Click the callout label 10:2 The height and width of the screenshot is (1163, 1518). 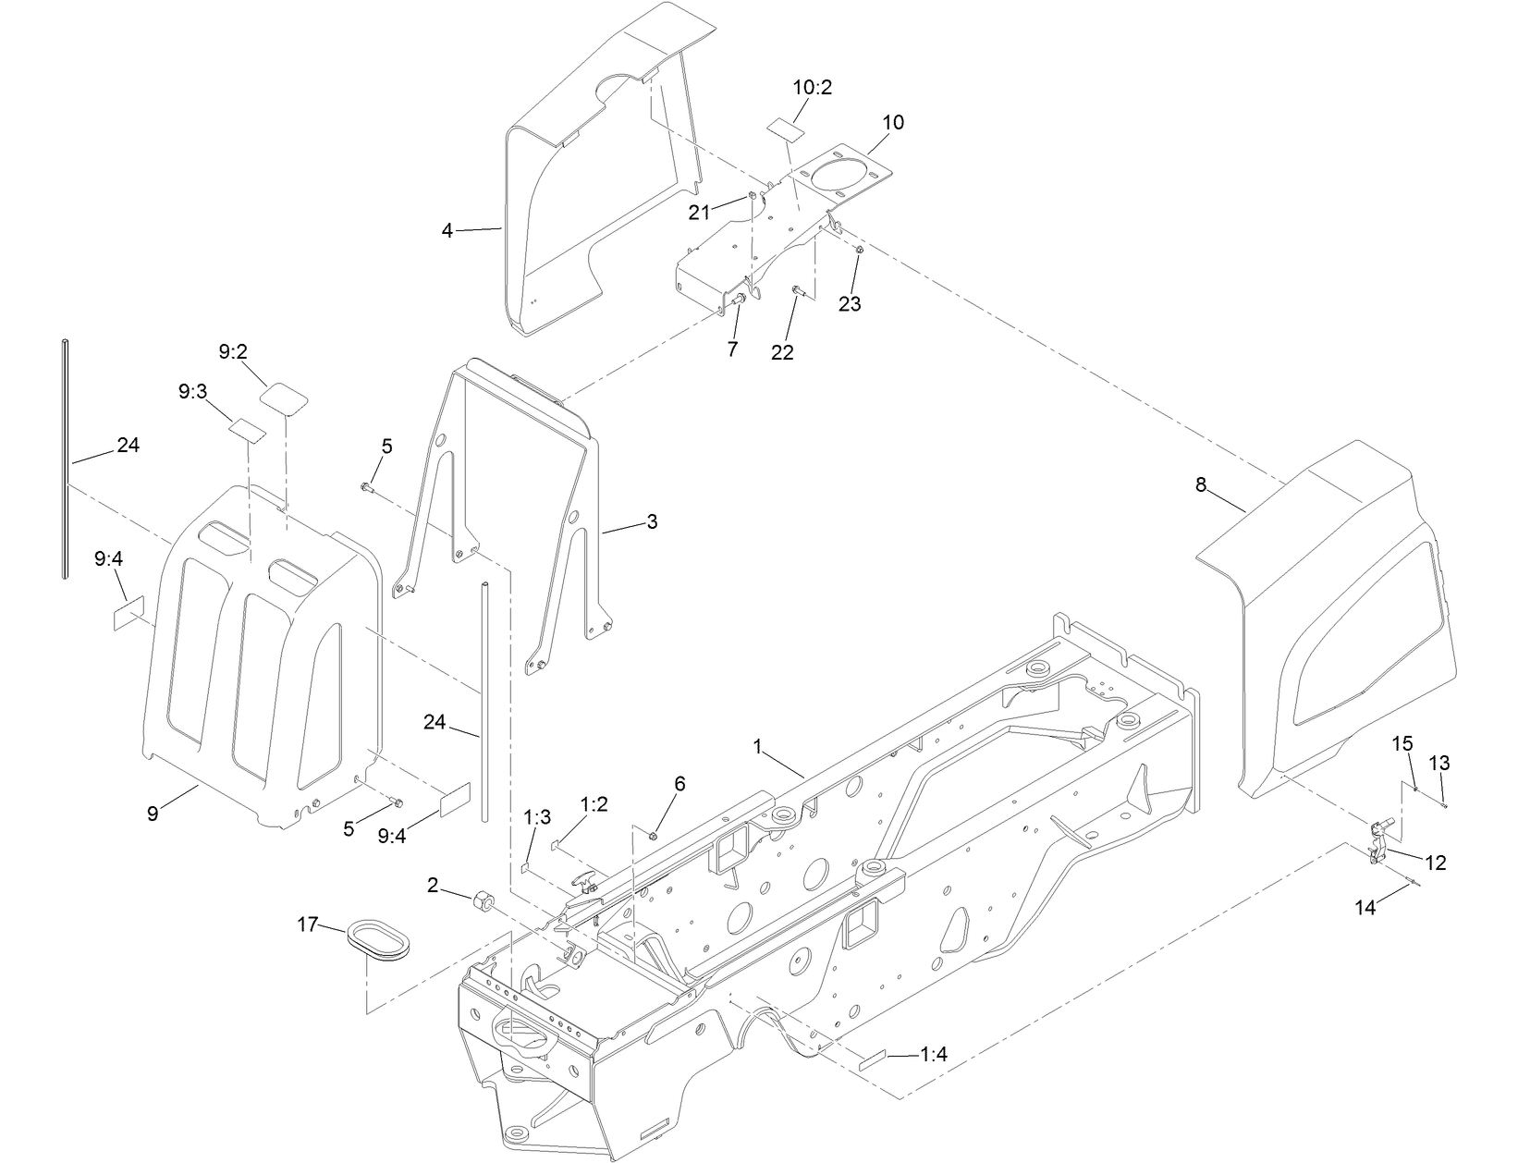coord(812,88)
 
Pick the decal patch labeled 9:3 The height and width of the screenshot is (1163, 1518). coord(248,429)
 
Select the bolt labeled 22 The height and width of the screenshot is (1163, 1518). coord(799,292)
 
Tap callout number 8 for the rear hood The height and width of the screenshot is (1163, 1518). coord(1200,484)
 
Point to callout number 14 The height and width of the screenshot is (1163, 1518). coord(1365,908)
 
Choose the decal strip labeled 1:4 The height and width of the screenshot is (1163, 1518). coord(873,1065)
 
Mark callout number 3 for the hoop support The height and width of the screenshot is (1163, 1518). coord(652,521)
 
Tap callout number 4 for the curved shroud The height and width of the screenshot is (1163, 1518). coord(447,230)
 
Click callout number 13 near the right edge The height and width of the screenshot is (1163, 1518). coord(1439,764)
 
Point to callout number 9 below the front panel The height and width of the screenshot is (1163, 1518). coord(153,814)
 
